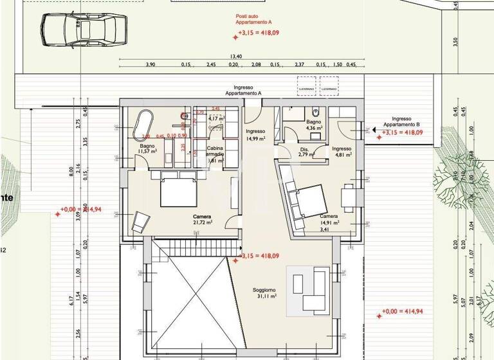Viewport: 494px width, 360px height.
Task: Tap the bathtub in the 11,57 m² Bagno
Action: [143, 125]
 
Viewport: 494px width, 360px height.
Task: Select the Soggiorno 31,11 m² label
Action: [264, 293]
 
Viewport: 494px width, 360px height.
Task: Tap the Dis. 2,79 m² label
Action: [306, 152]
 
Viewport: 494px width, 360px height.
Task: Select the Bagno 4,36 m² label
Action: [313, 125]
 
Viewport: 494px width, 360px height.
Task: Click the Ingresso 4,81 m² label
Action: [341, 152]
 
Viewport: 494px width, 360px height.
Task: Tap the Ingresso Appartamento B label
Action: [401, 122]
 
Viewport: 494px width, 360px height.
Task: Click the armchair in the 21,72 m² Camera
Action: [140, 222]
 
